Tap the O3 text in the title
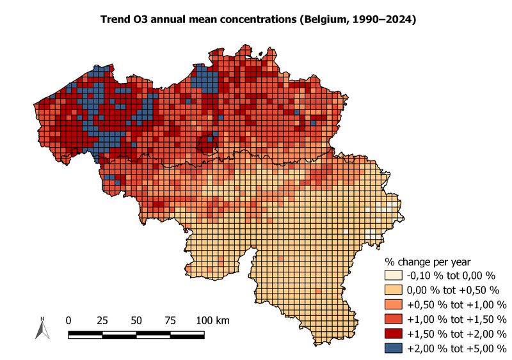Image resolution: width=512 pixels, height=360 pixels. coord(142,20)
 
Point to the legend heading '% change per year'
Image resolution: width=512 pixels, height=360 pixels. coord(427,262)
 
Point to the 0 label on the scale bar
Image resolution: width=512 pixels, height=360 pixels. coord(69,320)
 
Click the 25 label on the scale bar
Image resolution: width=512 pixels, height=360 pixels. coord(102,320)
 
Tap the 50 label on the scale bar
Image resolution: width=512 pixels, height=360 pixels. coord(136,320)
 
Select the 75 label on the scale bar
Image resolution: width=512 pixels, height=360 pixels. coord(170,320)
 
